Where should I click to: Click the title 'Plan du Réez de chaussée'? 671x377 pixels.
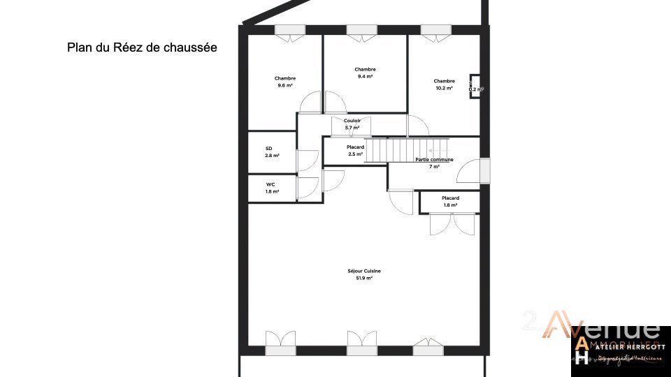tap(142, 47)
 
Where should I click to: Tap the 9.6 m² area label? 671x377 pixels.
tap(285, 86)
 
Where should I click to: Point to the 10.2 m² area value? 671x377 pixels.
tap(444, 89)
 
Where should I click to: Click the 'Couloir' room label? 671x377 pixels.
tap(352, 121)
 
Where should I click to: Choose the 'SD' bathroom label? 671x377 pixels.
tap(268, 149)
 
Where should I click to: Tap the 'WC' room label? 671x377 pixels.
tap(270, 184)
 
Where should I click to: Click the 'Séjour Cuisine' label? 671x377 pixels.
tap(364, 271)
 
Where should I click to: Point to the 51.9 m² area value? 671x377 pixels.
tap(364, 278)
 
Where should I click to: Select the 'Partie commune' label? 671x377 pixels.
tap(434, 160)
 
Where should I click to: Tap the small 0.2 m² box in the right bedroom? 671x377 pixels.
tap(475, 87)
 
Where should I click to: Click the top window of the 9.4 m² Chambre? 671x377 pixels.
tap(362, 30)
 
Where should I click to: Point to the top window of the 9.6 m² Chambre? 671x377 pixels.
tap(289, 30)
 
